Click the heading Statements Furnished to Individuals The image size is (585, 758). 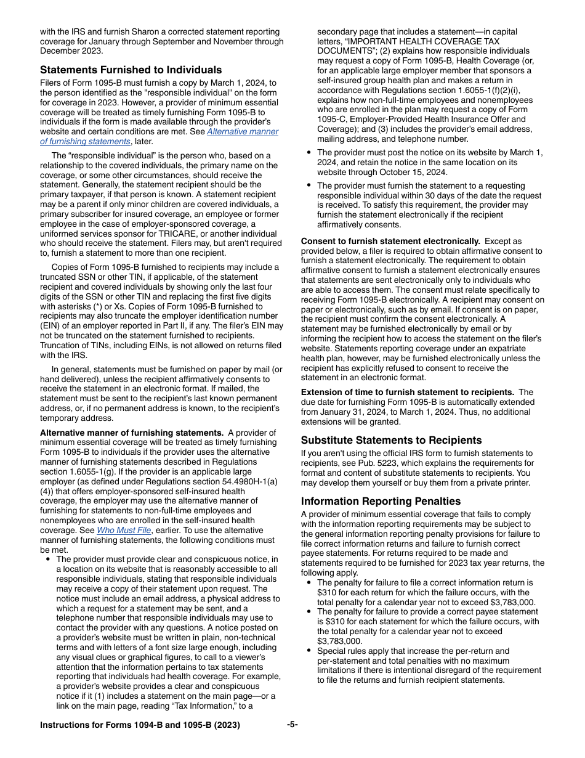pos(131,70)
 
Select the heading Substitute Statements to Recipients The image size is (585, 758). pos(391,440)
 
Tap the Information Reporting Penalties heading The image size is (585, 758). pos(381,501)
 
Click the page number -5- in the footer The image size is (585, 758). pos(292,725)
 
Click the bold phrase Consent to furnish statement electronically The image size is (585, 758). pos(390,241)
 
